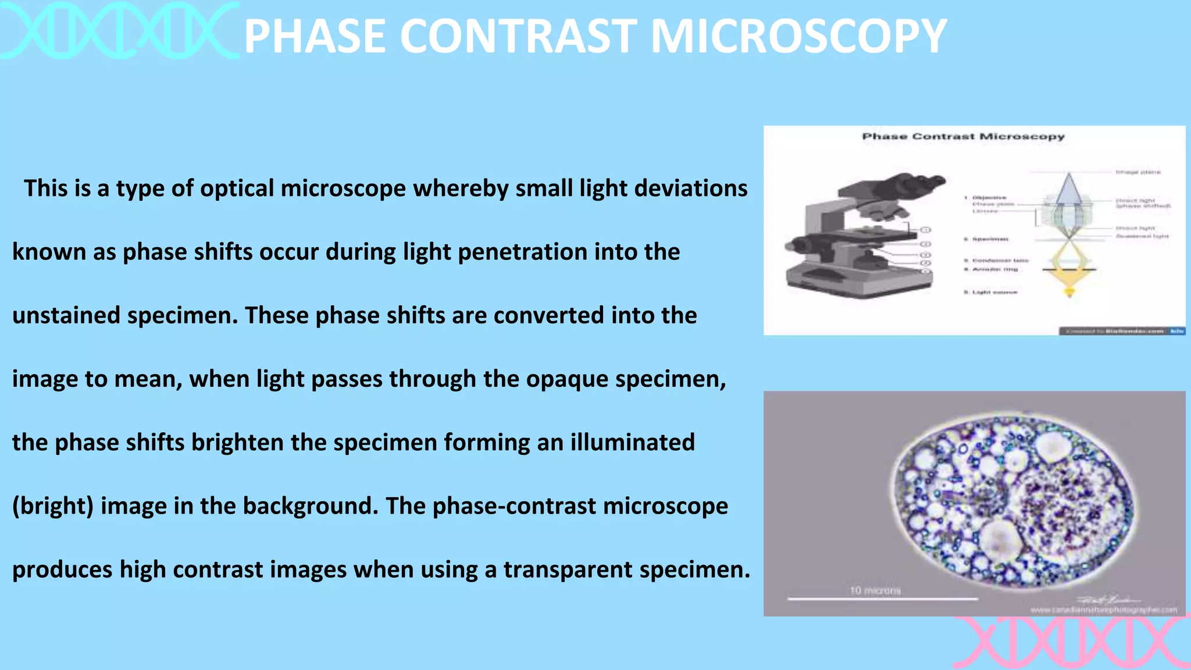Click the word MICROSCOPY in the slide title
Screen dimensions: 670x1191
pyautogui.click(x=798, y=36)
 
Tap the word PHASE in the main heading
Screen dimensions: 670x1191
pyautogui.click(x=315, y=36)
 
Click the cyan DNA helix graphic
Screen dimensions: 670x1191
pyautogui.click(x=119, y=30)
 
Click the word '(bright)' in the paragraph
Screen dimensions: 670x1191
pyautogui.click(x=53, y=506)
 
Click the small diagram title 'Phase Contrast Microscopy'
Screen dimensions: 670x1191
pyautogui.click(x=963, y=137)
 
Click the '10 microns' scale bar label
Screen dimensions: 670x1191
pyautogui.click(x=875, y=590)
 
